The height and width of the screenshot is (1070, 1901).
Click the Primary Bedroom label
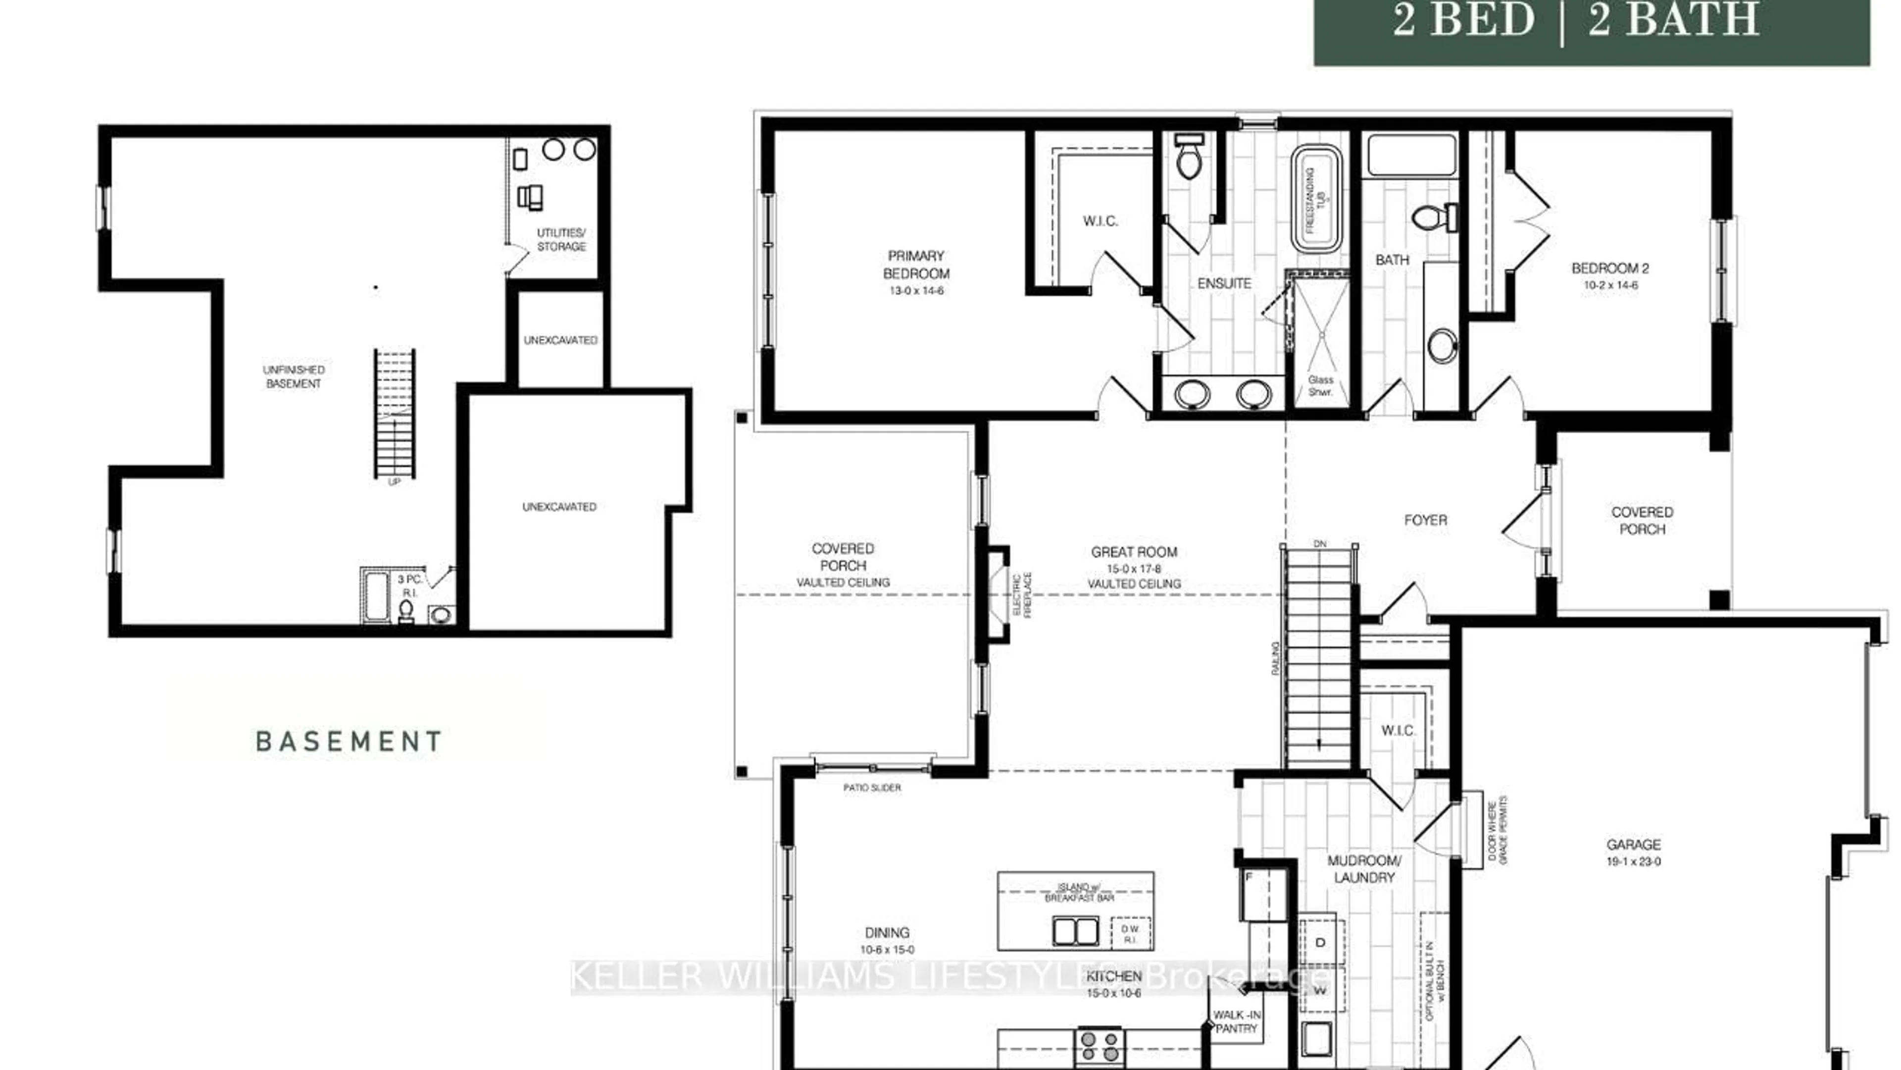tap(916, 265)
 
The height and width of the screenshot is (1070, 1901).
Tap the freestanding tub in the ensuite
tap(1316, 199)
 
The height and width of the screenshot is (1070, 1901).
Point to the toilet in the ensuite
tap(1189, 157)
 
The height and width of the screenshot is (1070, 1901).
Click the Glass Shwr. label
tap(1320, 385)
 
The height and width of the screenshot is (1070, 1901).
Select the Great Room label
tap(1134, 552)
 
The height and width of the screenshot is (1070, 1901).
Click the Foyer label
tap(1425, 520)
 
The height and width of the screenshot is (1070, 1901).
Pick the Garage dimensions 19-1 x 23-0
tap(1633, 861)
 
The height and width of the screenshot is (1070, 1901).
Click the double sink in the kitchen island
tap(1075, 931)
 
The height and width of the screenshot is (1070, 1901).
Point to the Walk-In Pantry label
tap(1236, 1021)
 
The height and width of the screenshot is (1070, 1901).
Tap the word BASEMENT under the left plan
tap(349, 741)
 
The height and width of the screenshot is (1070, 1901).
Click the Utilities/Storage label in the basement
tap(561, 239)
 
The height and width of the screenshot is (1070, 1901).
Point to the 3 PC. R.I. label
tap(409, 586)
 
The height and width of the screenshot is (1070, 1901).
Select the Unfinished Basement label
tap(293, 376)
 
